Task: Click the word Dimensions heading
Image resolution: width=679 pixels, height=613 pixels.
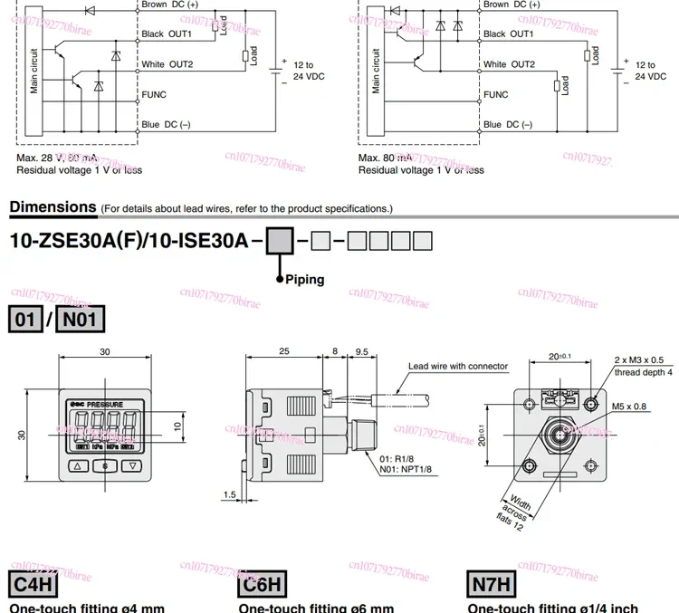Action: pos(53,206)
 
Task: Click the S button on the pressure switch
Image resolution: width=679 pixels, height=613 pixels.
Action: pos(105,465)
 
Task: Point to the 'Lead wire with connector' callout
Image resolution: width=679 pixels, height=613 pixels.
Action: pos(457,367)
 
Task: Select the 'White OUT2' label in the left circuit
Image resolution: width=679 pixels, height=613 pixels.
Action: pos(167,64)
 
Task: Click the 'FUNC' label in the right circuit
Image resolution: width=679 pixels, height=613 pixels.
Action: pos(496,94)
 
